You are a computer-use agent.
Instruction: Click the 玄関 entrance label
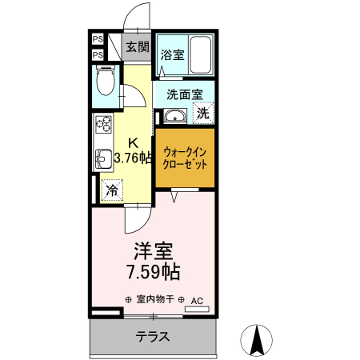coord(137,46)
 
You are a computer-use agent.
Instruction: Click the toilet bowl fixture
coord(105,82)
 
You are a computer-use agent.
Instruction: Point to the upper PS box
coord(97,38)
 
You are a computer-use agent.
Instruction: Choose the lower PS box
coord(97,54)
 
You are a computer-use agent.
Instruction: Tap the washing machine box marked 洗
coord(203,113)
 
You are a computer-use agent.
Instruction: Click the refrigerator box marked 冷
coord(113,191)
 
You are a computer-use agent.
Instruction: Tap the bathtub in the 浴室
coord(198,55)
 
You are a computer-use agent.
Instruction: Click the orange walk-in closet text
coord(184,158)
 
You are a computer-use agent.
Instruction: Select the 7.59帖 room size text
coord(151,272)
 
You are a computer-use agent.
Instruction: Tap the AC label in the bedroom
coord(198,301)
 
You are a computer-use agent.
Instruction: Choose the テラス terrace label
coord(152,336)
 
